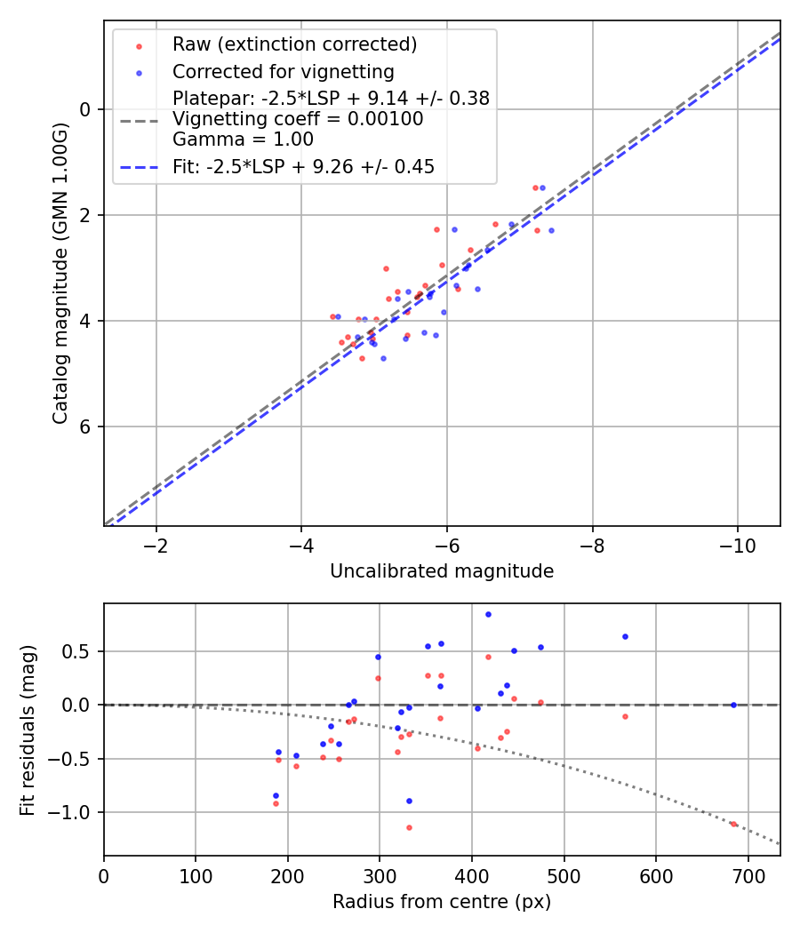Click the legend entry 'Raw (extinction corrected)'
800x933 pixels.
(294, 44)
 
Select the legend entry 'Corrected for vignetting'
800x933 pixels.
(284, 71)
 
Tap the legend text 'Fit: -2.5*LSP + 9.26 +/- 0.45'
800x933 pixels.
(303, 166)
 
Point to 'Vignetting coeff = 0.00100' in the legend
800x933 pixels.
(298, 119)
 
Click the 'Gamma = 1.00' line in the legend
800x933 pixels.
(243, 139)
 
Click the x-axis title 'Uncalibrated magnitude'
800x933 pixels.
(442, 571)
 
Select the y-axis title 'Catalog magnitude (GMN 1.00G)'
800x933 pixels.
(60, 274)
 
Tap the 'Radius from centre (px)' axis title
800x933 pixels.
(442, 902)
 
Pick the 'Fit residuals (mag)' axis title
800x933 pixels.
(28, 730)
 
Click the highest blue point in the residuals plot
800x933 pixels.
(488, 614)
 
